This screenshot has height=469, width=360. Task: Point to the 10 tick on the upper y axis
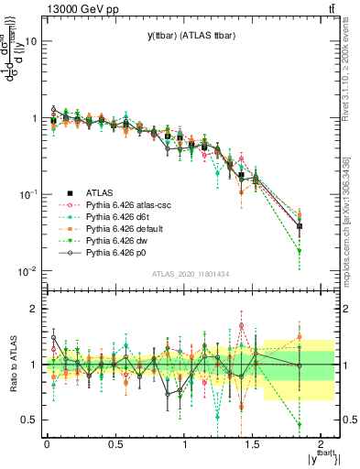point(32,41)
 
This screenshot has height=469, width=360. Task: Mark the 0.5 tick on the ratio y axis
point(30,420)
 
